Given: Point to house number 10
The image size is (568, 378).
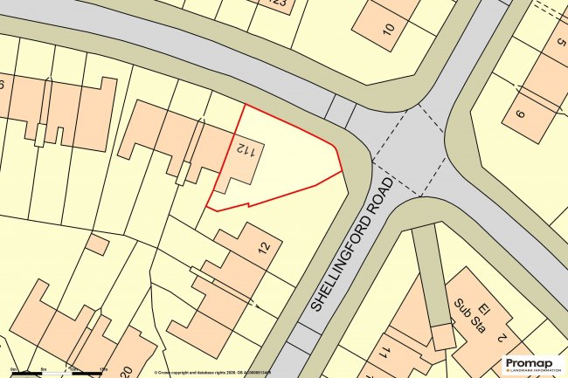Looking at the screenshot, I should coord(388,29).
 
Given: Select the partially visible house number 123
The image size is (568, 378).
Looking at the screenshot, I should coord(279,3).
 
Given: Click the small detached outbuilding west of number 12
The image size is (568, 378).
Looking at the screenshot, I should coord(98,244).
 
